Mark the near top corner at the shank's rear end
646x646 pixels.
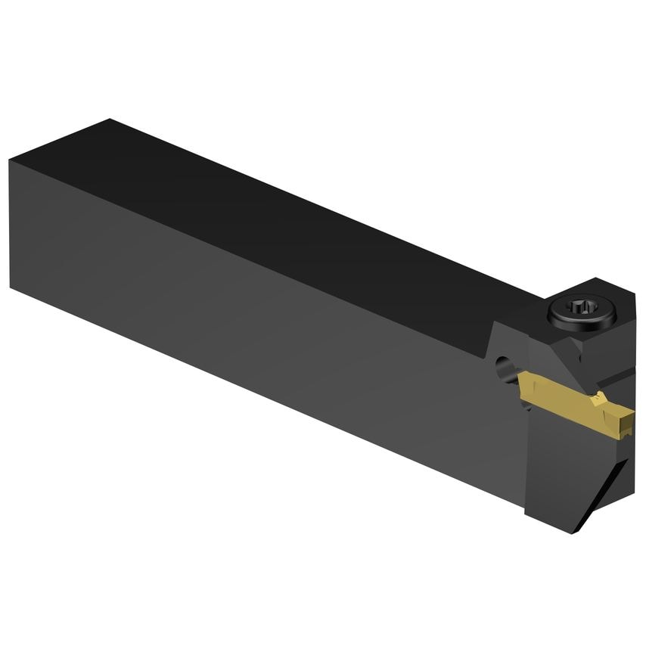[x=9, y=160]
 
